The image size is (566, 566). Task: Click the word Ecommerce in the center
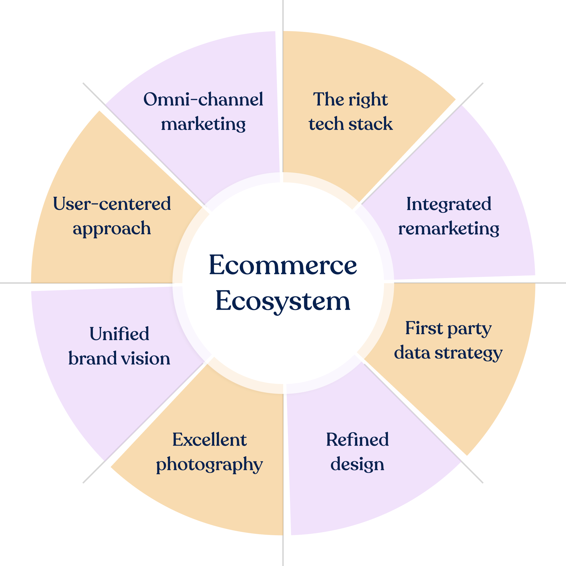(283, 265)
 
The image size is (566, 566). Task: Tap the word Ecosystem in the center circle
(283, 301)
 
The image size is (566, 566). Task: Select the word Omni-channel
(203, 99)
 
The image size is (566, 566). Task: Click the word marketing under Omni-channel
(203, 124)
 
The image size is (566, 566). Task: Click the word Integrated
(448, 204)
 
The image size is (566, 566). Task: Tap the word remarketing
(448, 228)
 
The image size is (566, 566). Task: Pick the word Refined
(357, 440)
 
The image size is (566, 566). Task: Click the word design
(357, 464)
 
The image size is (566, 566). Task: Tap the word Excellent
(209, 440)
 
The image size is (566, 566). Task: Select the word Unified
(119, 334)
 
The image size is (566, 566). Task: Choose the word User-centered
(112, 204)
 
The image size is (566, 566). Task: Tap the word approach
(112, 229)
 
